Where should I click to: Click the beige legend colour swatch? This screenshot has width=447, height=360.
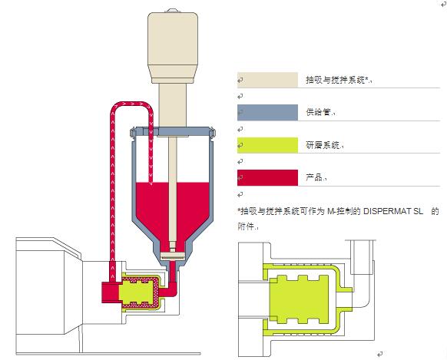pos(267,80)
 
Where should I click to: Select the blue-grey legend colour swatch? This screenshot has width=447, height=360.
pos(267,112)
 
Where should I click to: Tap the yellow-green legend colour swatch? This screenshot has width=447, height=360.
pos(267,144)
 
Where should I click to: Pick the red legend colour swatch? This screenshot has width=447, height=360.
pos(267,177)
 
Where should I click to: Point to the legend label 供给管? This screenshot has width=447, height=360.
pos(319,112)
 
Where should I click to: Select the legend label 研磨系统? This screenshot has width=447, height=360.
pos(323,145)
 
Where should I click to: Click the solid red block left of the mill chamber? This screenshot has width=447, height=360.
pos(114,291)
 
